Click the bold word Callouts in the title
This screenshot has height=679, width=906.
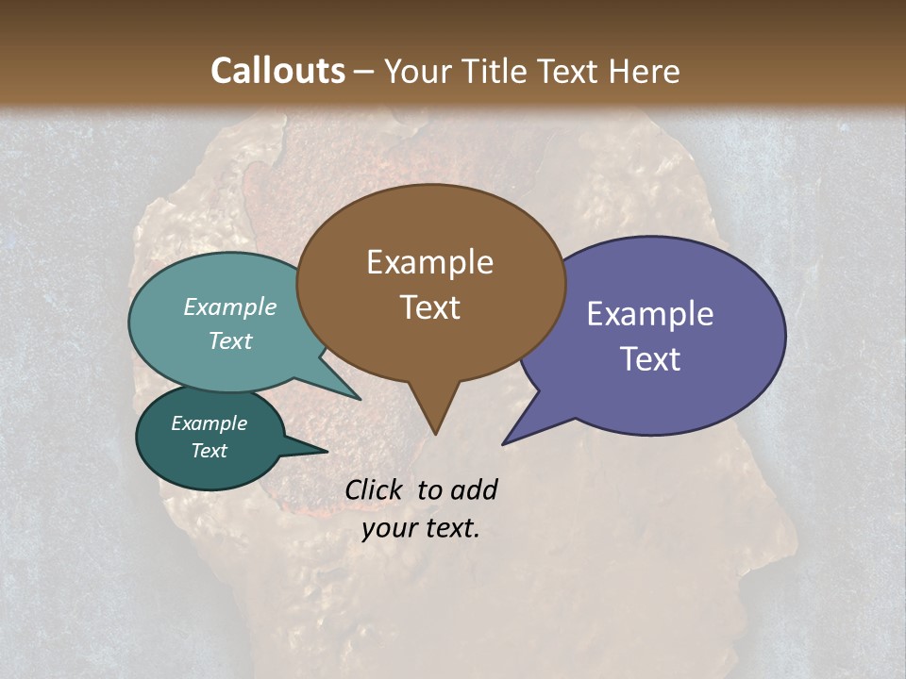click(277, 71)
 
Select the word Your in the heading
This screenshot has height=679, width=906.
click(418, 71)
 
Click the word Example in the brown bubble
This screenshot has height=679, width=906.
click(429, 262)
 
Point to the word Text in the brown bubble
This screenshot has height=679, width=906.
click(429, 307)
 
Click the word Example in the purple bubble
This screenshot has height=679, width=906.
click(649, 314)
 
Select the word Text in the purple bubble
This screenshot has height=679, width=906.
click(649, 359)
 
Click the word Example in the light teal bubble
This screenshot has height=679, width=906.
click(229, 306)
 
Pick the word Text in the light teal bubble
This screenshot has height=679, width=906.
click(229, 340)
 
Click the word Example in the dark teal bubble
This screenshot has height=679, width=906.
click(209, 423)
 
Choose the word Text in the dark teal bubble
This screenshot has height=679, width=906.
click(209, 451)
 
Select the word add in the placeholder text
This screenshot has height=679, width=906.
click(474, 489)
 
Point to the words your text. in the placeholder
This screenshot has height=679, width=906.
click(421, 528)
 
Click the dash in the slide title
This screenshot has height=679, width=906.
click(365, 71)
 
